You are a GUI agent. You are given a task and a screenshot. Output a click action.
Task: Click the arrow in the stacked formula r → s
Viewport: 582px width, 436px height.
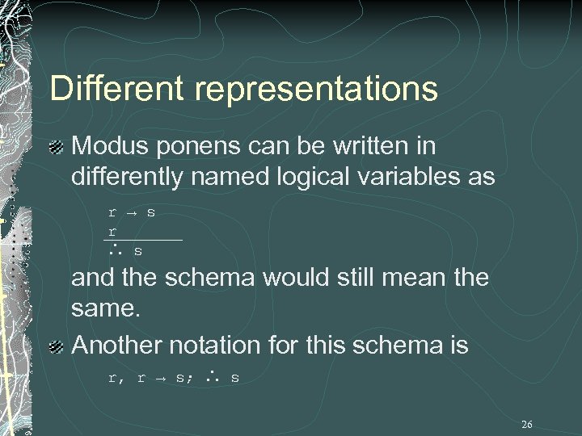[131, 213]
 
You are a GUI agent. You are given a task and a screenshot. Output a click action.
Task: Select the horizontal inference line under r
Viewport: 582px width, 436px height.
[145, 240]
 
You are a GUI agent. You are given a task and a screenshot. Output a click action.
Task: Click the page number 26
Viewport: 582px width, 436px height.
[527, 424]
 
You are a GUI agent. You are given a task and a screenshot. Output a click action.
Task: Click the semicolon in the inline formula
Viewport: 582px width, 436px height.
[190, 378]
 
